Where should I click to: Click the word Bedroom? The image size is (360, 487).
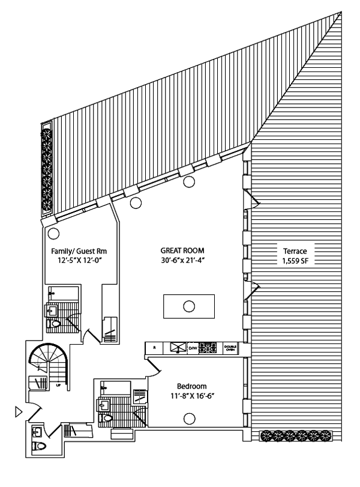pos(191,386)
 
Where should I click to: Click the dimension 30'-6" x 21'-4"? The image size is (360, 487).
pos(182,261)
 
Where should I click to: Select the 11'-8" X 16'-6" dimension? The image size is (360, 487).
pos(191,396)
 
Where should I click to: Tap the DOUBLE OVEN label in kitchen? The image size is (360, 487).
pos(230,348)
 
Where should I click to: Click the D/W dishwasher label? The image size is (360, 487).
pos(193,348)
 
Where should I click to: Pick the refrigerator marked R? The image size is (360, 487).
pos(154,348)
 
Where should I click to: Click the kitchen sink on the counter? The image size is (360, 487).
pos(178,348)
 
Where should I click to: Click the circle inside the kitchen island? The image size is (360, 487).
pos(189,306)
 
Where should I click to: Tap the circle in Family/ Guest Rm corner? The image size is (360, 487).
pos(53,234)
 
